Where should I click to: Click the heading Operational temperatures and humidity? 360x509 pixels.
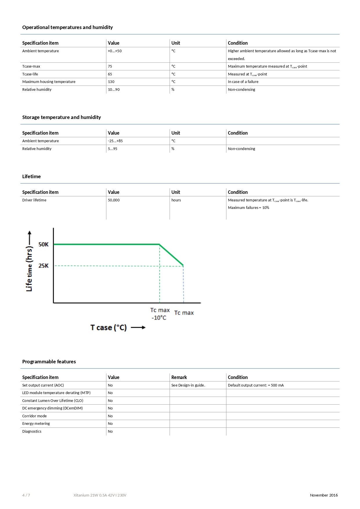click(67, 27)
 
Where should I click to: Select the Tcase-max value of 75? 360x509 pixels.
click(110, 66)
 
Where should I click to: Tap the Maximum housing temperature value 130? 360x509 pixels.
click(111, 82)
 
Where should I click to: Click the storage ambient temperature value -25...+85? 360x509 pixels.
click(115, 141)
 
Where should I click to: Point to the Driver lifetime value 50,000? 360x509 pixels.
click(114, 200)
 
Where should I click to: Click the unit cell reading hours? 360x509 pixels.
click(176, 200)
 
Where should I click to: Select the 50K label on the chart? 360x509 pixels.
click(44, 244)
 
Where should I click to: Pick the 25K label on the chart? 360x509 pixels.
click(44, 266)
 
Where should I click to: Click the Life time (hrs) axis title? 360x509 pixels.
click(29, 261)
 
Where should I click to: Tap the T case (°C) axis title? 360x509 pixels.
click(108, 328)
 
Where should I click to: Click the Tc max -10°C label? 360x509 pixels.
click(160, 314)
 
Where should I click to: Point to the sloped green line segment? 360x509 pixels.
click(171, 255)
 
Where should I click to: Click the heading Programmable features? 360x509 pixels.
click(49, 362)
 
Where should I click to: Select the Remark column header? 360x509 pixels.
click(179, 377)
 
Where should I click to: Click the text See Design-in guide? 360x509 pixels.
click(188, 385)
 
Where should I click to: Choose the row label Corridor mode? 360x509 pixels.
click(35, 416)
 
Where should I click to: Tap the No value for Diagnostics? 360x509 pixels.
click(110, 432)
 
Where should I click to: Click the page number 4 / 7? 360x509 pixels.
click(26, 495)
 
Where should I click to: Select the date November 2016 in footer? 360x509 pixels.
click(324, 495)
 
